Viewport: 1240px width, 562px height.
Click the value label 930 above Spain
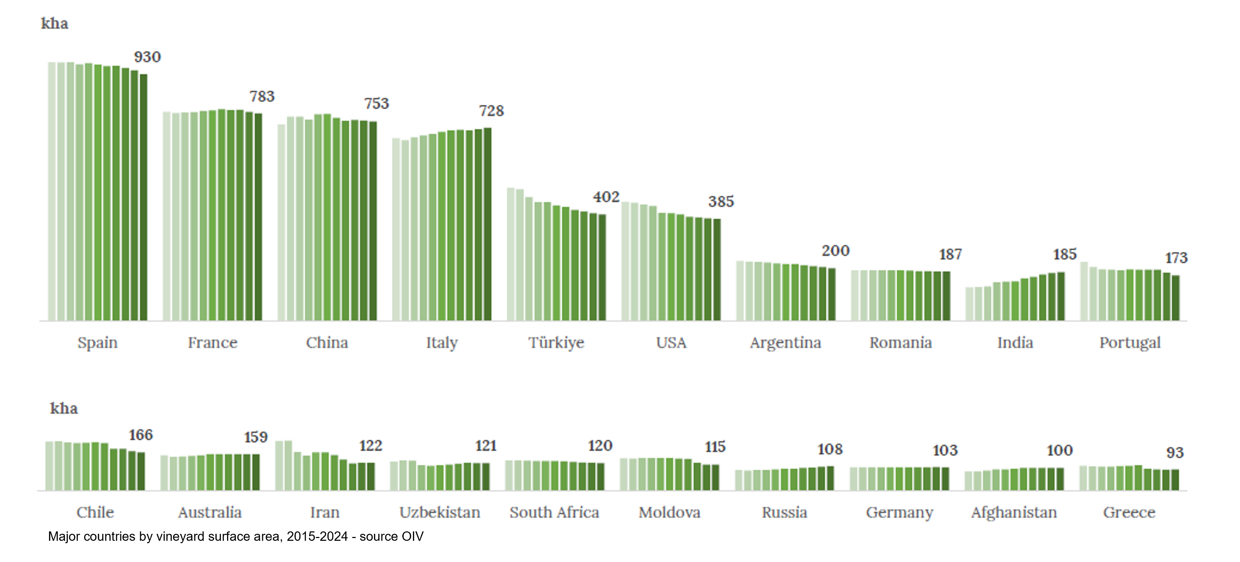(x=147, y=57)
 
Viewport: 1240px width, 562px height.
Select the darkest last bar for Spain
(x=144, y=198)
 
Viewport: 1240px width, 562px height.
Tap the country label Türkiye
(x=556, y=343)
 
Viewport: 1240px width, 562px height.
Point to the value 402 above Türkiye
(x=606, y=197)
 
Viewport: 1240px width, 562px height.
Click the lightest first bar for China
(x=282, y=223)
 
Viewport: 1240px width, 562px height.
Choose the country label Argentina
(x=785, y=343)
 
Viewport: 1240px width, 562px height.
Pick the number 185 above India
(x=1065, y=254)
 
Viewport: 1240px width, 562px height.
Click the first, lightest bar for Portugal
(x=1084, y=291)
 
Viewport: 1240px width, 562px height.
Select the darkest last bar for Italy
(x=488, y=224)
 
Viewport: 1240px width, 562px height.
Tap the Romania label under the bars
(x=900, y=343)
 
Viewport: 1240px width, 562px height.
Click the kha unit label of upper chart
(x=54, y=24)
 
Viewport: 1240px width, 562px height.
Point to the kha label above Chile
(x=64, y=408)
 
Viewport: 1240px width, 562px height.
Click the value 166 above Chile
(x=140, y=435)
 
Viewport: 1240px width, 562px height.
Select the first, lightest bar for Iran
(x=279, y=466)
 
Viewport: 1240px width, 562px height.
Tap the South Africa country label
(x=554, y=512)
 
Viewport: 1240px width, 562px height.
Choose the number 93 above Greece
(x=1175, y=453)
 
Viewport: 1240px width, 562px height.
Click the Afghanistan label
(x=1014, y=512)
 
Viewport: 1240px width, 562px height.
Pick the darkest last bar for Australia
(x=256, y=472)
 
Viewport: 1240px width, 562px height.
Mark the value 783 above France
(x=262, y=96)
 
